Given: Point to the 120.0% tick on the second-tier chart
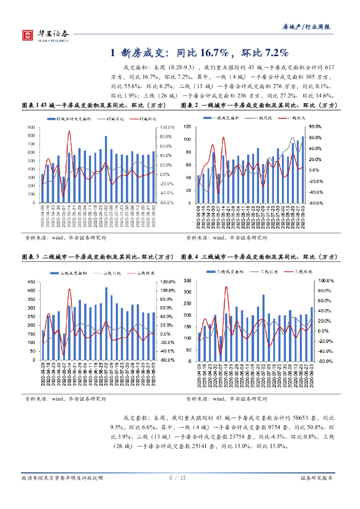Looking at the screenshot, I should pyautogui.click(x=167, y=282).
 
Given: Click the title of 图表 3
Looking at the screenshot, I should pyautogui.click(x=98, y=257).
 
